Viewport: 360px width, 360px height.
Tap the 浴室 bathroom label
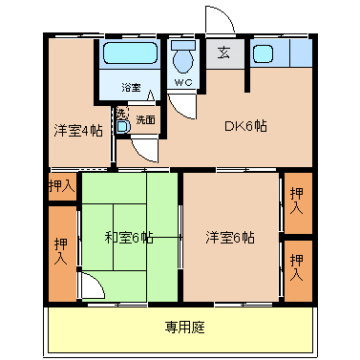click(131, 88)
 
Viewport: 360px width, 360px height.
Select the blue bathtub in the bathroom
click(132, 55)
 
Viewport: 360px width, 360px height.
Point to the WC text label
click(182, 82)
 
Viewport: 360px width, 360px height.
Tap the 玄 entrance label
click(222, 53)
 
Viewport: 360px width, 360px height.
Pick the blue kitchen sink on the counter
click(264, 53)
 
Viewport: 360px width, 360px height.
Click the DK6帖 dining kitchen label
click(245, 126)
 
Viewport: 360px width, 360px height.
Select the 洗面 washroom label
click(145, 120)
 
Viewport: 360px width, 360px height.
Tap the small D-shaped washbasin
click(122, 126)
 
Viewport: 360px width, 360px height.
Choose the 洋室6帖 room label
click(230, 238)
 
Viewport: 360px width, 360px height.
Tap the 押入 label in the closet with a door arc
click(60, 251)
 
